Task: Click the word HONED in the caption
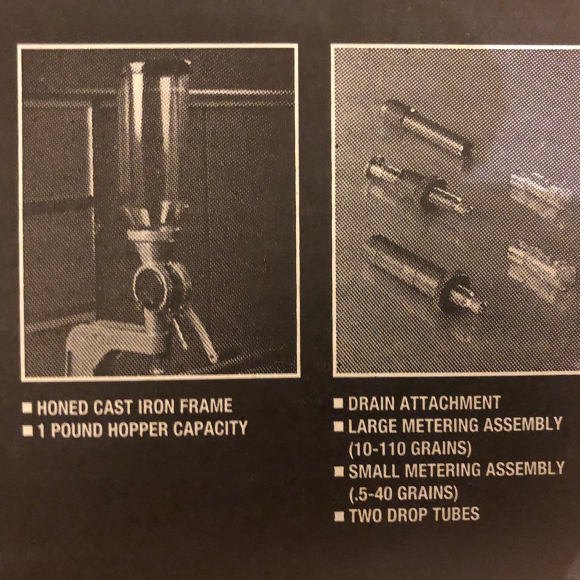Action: [63, 407]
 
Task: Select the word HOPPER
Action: [138, 429]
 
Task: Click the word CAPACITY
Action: [210, 428]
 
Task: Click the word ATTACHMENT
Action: [450, 402]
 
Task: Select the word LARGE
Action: [372, 426]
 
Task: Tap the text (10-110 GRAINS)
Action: [411, 449]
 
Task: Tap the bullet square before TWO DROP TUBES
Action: [339, 516]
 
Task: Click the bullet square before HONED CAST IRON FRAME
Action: [27, 408]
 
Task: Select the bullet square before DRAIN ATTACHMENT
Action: [338, 403]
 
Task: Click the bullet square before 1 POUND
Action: [27, 430]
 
